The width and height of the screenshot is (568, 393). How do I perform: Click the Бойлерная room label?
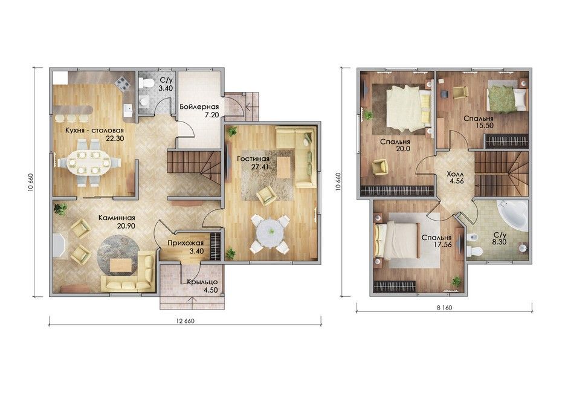pos(199,106)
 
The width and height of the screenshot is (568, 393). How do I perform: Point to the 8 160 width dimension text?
pos(444,308)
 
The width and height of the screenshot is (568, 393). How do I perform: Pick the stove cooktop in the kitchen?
pos(123,84)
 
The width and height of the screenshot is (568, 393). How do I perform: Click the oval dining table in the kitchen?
pos(89,162)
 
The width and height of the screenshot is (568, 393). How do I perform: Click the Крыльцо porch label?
pos(202,282)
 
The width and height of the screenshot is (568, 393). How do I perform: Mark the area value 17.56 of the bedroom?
pos(442,245)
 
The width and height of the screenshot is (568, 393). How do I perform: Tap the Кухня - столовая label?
pos(94,130)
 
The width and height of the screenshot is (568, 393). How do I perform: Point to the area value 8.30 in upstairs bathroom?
pos(499,242)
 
